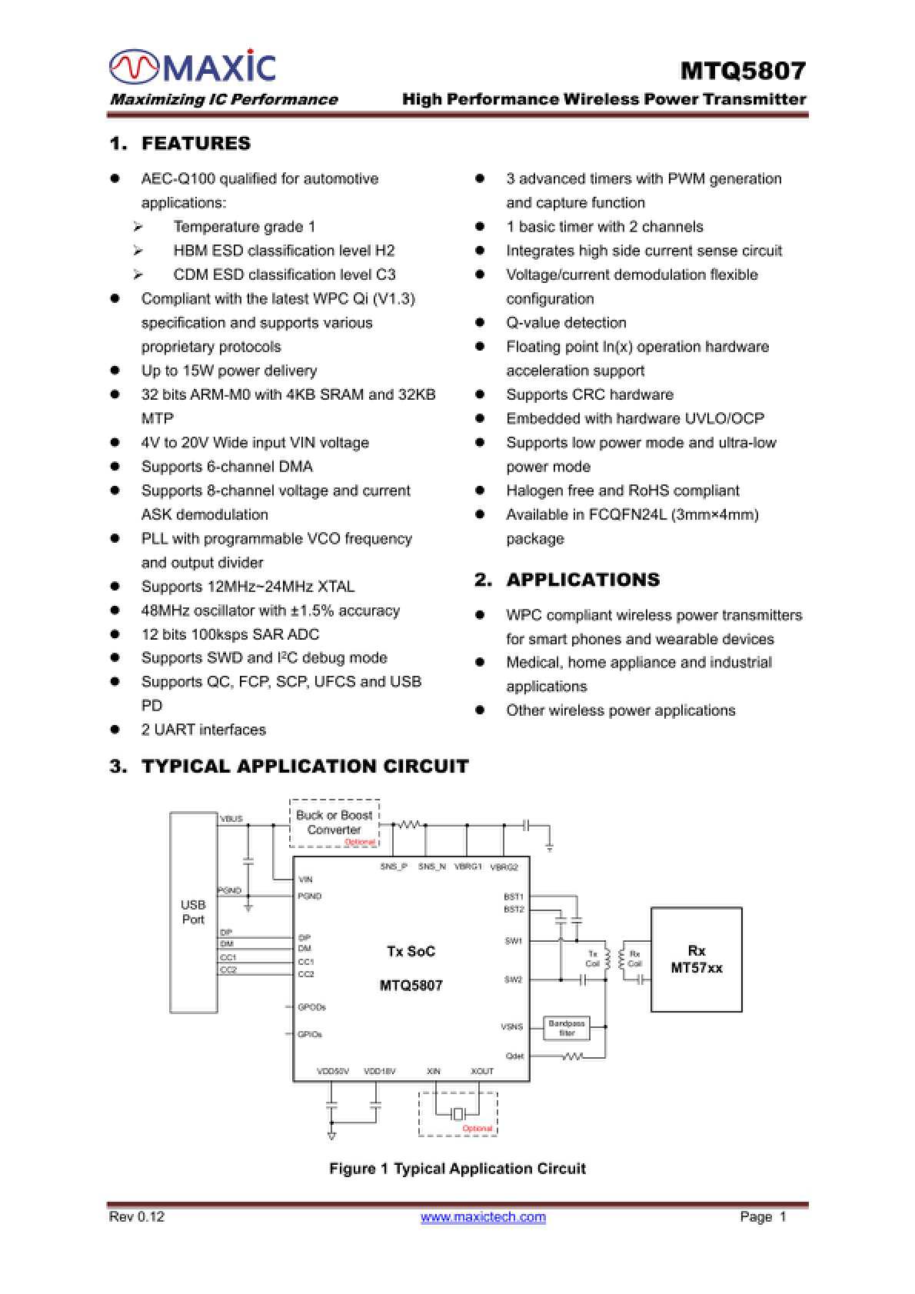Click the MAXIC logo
pos(192,68)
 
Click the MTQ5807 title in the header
pos(743,71)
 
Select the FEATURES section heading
pos(196,144)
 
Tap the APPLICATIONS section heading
pos(582,580)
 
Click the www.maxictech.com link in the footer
pos(483,1216)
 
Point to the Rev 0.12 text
pos(137,1216)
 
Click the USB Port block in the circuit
pos(193,912)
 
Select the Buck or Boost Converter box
pos(334,823)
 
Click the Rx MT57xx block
pos(696,960)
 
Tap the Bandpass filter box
pos(567,1028)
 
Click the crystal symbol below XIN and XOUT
pos(458,1113)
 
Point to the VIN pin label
pos(305,879)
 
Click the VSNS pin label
pos(511,1026)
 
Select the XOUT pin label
pos(482,1071)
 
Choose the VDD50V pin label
pos(333,1071)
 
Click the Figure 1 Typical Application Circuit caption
pos(457,1169)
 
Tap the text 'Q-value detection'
pos(566,323)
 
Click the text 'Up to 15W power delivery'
pos(229,371)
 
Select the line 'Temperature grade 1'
pos(245,227)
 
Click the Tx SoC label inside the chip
pos(411,952)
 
